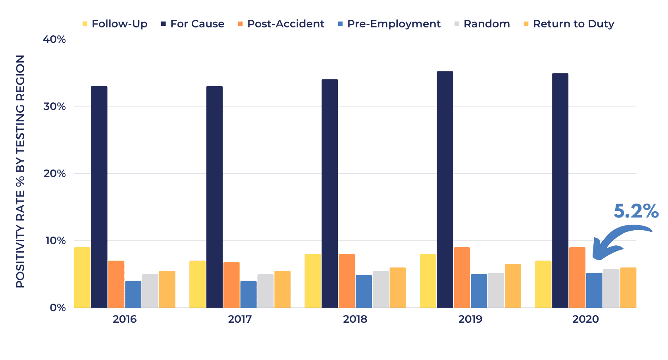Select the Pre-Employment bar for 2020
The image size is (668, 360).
point(594,290)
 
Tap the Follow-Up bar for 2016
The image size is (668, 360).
point(83,277)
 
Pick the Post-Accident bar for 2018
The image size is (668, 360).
point(347,281)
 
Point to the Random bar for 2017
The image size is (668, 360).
point(266,291)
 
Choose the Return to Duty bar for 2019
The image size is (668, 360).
point(513,286)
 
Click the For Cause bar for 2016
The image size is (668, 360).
point(99,197)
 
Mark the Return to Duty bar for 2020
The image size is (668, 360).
point(628,288)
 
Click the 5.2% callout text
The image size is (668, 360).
point(636,211)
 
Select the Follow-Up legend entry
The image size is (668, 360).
point(115,24)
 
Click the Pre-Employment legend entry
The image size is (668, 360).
point(389,24)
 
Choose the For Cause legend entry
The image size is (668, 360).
point(193,24)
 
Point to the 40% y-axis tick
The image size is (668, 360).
point(54,39)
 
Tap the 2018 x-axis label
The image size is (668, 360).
point(355,319)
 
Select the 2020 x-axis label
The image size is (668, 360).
point(585,319)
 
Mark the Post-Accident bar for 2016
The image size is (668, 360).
point(116,284)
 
